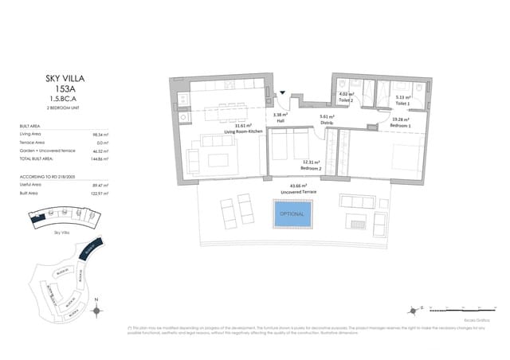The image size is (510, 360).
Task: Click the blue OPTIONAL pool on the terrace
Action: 291,214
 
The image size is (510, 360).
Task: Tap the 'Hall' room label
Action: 280,121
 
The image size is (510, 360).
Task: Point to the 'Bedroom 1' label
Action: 401,126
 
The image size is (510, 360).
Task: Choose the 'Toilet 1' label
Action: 402,104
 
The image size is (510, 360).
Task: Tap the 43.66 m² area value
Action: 300,186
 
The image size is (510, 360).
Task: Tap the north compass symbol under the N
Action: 96,312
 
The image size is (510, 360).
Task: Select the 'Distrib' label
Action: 326,122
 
